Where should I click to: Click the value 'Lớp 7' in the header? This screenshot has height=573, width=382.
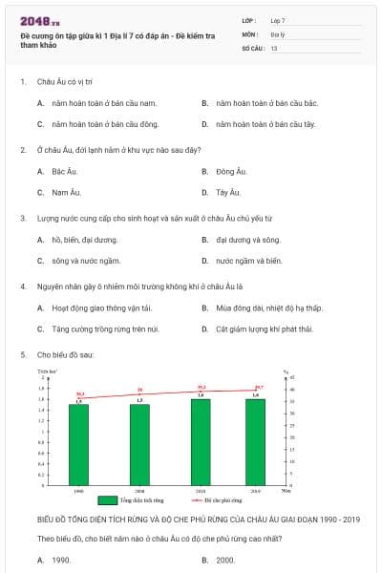tap(278, 20)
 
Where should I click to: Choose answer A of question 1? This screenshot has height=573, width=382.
tap(104, 102)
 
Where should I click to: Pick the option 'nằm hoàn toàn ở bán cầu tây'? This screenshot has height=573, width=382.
tap(265, 124)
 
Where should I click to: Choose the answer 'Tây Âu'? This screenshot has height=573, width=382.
tap(228, 192)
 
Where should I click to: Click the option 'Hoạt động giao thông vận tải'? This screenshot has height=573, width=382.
tap(102, 308)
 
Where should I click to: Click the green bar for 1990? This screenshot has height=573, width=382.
tap(78, 445)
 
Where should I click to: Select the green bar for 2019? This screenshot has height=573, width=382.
tap(255, 442)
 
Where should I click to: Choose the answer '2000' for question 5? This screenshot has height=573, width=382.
tap(225, 560)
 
